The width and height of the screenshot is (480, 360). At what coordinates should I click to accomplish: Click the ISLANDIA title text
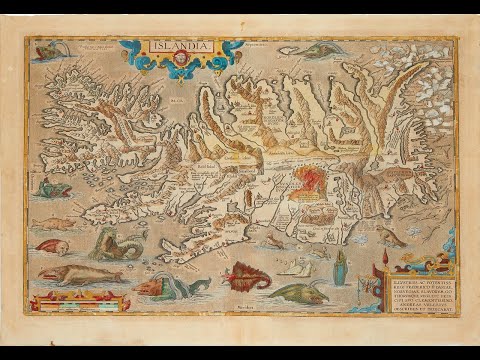[x=179, y=45]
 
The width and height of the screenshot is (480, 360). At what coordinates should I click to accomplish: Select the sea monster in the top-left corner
[x=48, y=49]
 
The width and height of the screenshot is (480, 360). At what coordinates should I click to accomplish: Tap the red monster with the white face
[x=52, y=246]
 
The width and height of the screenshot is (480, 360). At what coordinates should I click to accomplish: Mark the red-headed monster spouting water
[x=160, y=286]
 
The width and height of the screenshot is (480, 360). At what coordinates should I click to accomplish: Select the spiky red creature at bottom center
[x=248, y=274]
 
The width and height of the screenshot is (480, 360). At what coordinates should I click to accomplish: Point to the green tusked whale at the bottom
[x=300, y=293]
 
